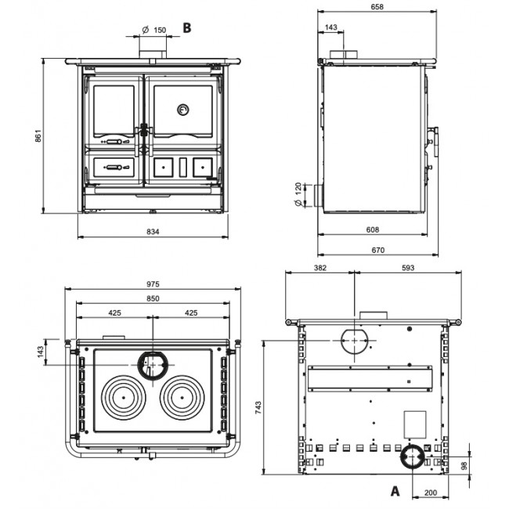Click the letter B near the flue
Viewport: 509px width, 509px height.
point(187,27)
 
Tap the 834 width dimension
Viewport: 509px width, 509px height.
point(153,232)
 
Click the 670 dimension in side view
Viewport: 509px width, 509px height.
point(377,250)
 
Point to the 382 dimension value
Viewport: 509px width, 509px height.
point(320,268)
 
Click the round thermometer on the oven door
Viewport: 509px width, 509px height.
point(182,108)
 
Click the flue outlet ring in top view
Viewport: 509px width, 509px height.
point(151,364)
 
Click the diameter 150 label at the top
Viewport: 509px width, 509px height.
point(154,30)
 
